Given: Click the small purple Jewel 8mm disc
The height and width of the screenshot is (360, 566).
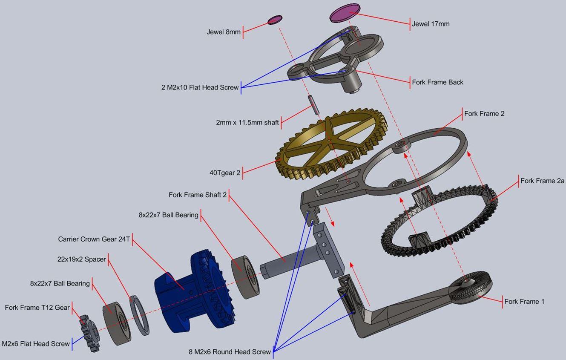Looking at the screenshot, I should coord(275,20).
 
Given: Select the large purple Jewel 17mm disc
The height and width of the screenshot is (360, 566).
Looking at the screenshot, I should coord(345,13).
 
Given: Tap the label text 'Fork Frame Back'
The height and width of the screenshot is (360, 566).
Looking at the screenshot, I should coord(437,82).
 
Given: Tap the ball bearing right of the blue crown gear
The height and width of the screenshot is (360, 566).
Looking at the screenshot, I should coord(245,276).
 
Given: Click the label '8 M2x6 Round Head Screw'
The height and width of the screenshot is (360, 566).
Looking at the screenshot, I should coord(230,352).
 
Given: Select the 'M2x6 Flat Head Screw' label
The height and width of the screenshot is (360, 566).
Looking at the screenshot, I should coord(36,344).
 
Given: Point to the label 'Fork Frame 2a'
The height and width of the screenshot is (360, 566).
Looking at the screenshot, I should coord(542,181).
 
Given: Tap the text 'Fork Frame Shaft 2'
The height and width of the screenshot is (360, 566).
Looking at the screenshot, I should coord(198,195).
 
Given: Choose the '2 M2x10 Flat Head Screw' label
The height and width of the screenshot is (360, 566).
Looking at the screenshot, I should coord(200,87).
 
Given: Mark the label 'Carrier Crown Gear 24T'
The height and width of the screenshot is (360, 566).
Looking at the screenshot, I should coord(94,239).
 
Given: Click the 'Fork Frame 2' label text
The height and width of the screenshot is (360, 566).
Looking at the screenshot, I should coord(484,114).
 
